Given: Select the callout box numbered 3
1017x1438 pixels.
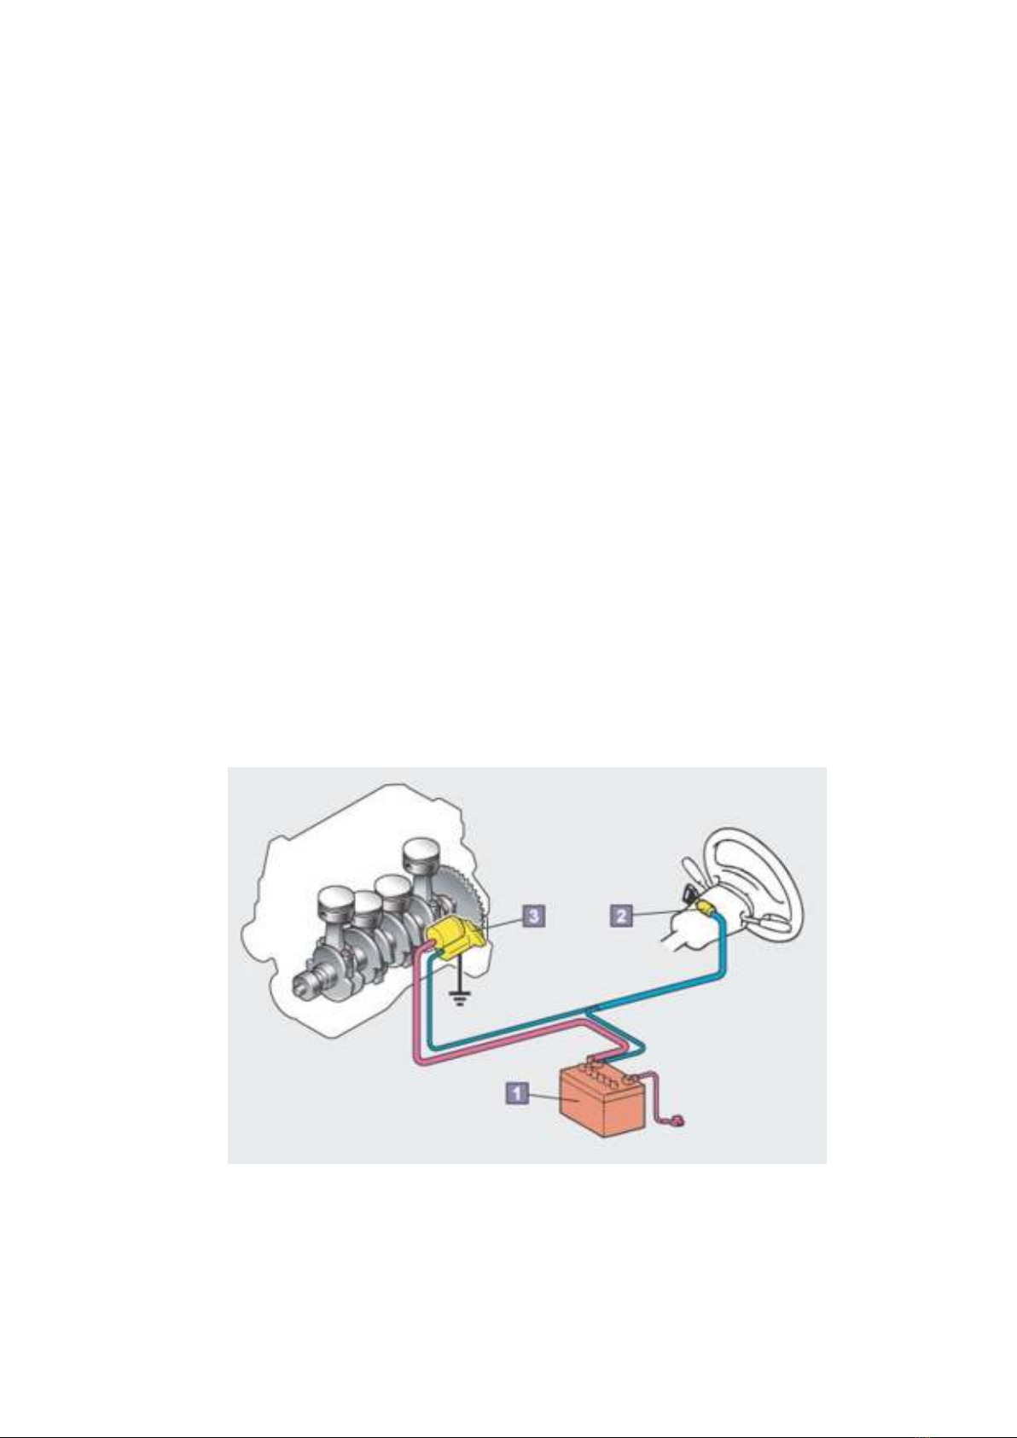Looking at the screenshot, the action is [534, 916].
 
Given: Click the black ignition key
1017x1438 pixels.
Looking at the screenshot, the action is [689, 893].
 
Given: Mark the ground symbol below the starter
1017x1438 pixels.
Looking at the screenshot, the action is [459, 998].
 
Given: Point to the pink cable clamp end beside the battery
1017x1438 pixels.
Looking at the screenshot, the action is [679, 1123].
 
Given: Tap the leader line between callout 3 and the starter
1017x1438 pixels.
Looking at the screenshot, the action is [505, 921].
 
